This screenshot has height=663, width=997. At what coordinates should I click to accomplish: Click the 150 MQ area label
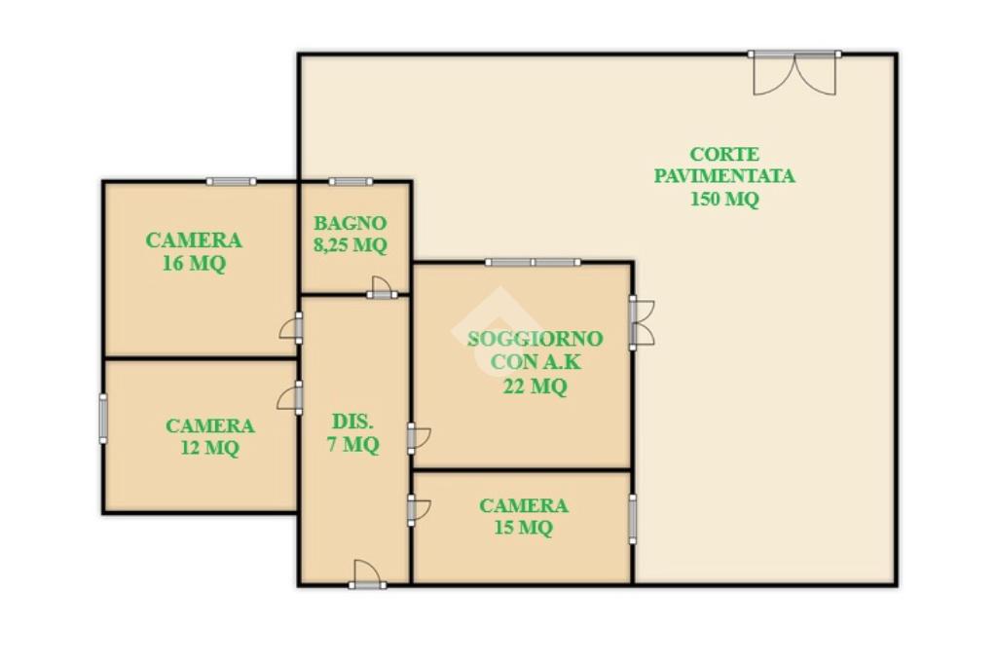[724, 199]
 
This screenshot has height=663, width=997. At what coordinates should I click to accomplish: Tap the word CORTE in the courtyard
[724, 155]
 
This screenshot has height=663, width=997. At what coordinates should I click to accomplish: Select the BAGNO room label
[350, 223]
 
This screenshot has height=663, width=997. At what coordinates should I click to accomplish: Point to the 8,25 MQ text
[350, 245]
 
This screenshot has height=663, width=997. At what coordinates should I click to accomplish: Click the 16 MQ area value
[194, 263]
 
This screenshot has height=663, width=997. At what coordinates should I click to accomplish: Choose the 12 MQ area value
[210, 448]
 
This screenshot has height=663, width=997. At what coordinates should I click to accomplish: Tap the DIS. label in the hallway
[352, 422]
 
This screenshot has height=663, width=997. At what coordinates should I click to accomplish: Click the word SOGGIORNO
[535, 339]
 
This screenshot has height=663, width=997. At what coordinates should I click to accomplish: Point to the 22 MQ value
[535, 387]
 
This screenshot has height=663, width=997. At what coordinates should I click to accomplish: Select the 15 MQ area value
[523, 528]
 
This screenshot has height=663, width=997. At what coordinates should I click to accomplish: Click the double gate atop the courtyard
[794, 73]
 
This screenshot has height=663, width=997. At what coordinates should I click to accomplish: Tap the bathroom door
[382, 288]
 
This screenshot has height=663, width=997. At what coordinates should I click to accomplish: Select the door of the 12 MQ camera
[290, 398]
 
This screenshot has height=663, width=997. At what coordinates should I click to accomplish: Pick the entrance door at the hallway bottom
[367, 574]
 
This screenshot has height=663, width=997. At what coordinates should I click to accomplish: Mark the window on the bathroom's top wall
[351, 182]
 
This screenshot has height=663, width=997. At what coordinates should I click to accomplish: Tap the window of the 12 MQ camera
[103, 419]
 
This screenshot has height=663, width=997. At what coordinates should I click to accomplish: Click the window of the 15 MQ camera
[633, 519]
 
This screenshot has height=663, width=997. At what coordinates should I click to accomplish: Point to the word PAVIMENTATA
[724, 176]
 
